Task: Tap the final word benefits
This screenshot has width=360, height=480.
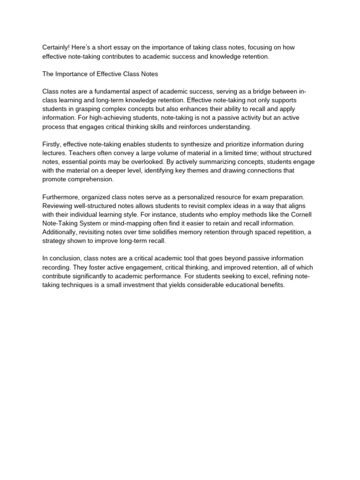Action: coord(270,285)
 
